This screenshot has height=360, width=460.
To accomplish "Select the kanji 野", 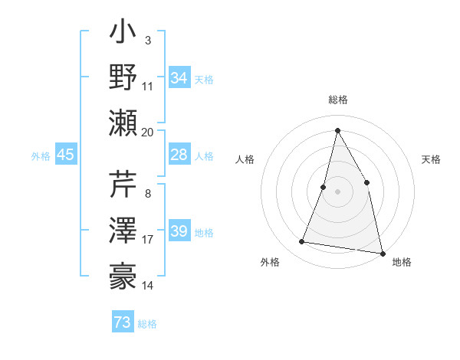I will (123, 79).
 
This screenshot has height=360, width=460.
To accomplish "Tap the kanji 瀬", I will (123, 122).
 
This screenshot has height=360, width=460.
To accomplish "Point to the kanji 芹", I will (123, 186).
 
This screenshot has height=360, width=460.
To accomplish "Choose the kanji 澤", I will (123, 230).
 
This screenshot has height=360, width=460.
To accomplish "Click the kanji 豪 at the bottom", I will (123, 273).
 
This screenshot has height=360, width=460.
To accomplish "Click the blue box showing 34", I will (179, 78).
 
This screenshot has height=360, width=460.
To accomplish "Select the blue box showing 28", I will (179, 155).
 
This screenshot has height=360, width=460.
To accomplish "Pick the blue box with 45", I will (65, 155).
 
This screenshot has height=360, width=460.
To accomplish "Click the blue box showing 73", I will (123, 322).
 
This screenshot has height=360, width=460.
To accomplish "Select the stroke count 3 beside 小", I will (147, 40).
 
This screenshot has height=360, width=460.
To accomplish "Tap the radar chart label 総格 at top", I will (338, 100).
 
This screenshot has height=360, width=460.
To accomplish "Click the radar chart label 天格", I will (431, 159).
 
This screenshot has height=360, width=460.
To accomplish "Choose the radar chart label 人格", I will (245, 159).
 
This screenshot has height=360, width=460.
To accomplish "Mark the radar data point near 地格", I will (381, 253).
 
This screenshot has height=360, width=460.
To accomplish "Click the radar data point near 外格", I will (302, 242).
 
